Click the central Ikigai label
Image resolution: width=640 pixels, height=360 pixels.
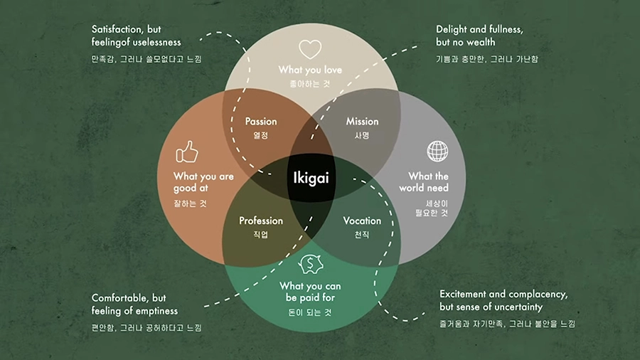pyautogui.click(x=312, y=176)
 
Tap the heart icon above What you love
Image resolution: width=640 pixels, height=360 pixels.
pyautogui.click(x=310, y=49)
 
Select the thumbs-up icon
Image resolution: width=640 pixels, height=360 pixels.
pyautogui.click(x=186, y=152)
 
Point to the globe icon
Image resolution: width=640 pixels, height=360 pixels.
pyautogui.click(x=437, y=152)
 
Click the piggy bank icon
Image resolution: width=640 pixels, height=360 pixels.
pyautogui.click(x=311, y=264)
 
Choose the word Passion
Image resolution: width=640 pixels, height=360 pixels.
pyautogui.click(x=261, y=121)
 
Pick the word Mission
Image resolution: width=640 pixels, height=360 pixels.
pyautogui.click(x=362, y=121)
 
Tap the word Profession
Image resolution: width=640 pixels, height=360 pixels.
pyautogui.click(x=261, y=221)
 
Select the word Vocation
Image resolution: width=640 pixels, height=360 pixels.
pyautogui.click(x=362, y=221)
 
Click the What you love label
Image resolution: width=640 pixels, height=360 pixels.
pyautogui.click(x=310, y=70)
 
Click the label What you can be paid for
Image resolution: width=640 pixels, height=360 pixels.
pyautogui.click(x=310, y=292)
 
